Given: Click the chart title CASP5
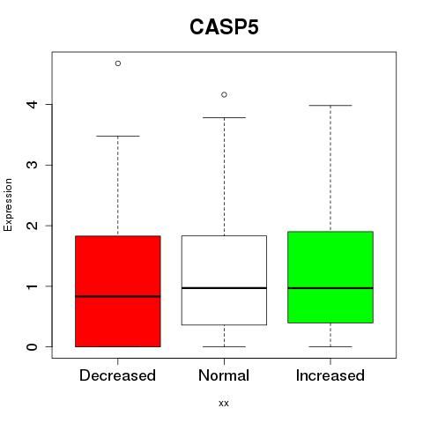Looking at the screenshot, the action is (x=224, y=27).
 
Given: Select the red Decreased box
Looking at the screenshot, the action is (x=118, y=291).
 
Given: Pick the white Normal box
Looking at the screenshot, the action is (x=224, y=280).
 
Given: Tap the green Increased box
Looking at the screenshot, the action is (x=330, y=277).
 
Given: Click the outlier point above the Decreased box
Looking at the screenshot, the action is (x=118, y=63).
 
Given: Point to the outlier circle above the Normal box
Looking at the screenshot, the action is (x=224, y=94).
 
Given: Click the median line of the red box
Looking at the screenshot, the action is (x=118, y=296).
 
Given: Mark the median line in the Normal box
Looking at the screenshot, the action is (x=224, y=288).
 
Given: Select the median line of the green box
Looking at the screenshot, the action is (x=330, y=288).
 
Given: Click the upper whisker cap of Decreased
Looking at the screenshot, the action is (x=118, y=136).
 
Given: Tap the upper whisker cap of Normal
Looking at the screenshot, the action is (x=224, y=117).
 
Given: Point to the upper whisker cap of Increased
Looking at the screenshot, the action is (x=330, y=105).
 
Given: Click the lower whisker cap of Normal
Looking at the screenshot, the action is (x=224, y=346).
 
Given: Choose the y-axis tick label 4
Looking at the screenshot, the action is (x=33, y=104).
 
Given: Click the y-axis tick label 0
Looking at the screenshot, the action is (x=33, y=347).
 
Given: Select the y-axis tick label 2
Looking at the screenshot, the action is (x=33, y=226).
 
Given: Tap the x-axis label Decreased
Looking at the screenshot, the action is (x=117, y=375).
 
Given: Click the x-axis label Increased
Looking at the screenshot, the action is (x=330, y=375).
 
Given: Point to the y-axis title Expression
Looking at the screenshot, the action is (x=8, y=204).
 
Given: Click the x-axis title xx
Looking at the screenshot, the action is (x=224, y=404).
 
